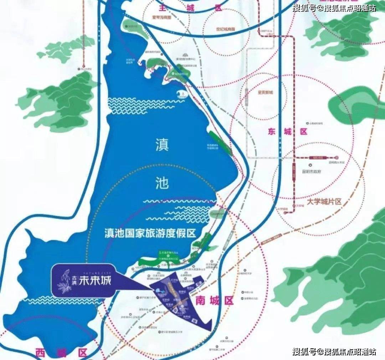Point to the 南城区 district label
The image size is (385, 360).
[215, 300]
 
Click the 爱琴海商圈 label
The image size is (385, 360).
[161, 16]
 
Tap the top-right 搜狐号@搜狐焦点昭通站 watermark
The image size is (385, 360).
[334, 8]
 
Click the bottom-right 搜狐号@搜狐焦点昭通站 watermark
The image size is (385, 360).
[334, 352]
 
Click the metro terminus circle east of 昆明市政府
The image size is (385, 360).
[337, 157]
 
